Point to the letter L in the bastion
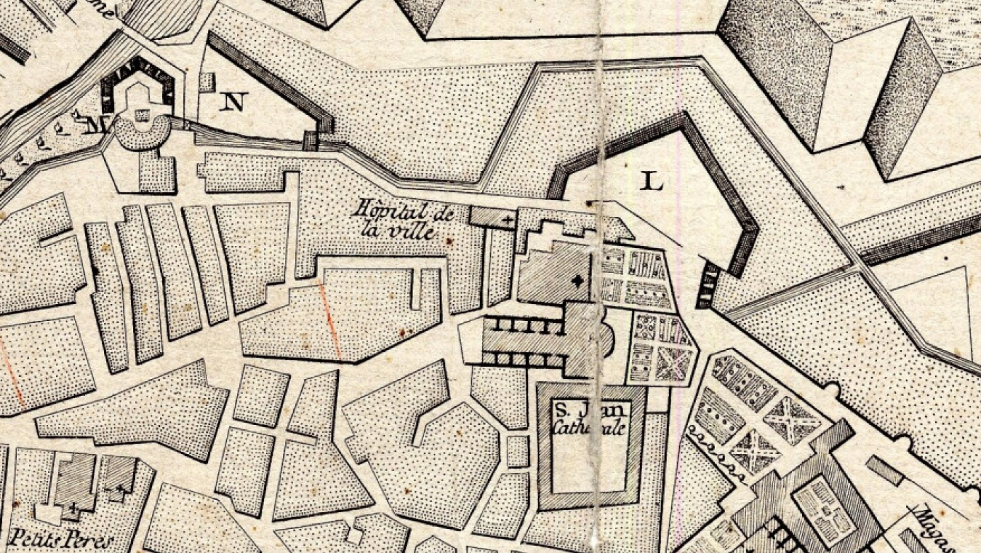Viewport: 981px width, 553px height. pyautogui.click(x=653, y=180)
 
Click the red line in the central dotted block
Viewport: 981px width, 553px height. pyautogui.click(x=330, y=320)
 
